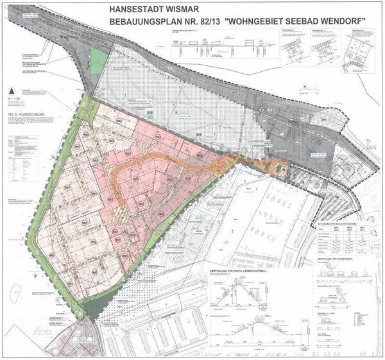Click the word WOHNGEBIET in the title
[279, 22]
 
